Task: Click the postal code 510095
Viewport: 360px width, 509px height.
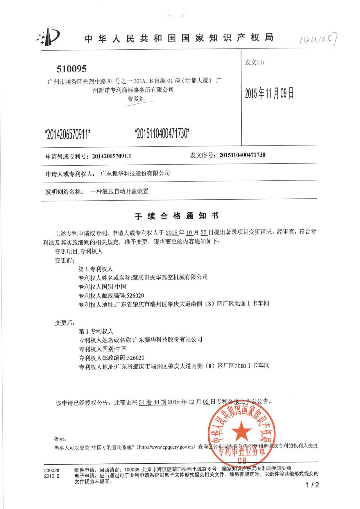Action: click(71, 69)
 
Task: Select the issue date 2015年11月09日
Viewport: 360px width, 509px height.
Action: click(269, 93)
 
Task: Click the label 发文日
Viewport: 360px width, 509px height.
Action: click(255, 62)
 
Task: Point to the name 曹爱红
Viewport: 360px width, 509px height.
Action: click(136, 99)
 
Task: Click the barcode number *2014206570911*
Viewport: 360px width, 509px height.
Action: click(68, 134)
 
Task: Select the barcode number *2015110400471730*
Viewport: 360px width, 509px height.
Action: click(162, 133)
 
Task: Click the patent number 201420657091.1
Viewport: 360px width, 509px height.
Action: click(112, 156)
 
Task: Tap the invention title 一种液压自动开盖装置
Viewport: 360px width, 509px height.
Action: click(119, 191)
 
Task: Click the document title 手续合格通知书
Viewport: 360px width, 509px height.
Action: click(177, 216)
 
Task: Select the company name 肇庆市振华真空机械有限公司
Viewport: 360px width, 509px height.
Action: click(170, 277)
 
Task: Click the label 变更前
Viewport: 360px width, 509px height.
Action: click(65, 261)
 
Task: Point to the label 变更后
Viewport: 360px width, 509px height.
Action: click(65, 323)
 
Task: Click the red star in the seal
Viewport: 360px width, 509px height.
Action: click(241, 431)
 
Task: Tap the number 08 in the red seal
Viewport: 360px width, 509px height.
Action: click(242, 461)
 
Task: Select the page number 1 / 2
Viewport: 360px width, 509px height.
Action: click(312, 485)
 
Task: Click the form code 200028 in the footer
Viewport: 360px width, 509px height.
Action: click(52, 470)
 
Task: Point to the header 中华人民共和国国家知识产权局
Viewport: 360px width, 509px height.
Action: click(179, 38)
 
